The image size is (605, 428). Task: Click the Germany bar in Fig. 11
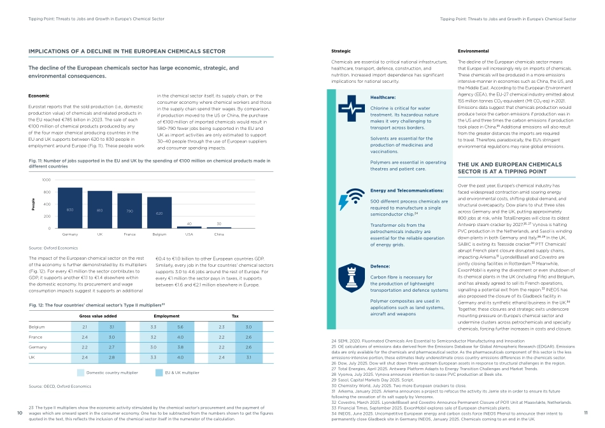point(70,208)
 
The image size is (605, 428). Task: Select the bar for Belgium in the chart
point(159,213)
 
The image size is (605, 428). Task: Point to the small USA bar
point(189,227)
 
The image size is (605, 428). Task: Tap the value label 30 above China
point(219,224)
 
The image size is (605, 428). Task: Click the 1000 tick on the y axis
point(46,181)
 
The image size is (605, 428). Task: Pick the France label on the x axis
point(130,235)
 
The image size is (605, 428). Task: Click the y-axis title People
point(33,204)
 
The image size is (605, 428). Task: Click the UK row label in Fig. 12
point(32,357)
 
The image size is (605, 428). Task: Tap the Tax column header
point(235,316)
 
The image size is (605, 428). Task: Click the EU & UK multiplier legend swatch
point(159,372)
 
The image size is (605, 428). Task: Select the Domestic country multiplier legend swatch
point(81,372)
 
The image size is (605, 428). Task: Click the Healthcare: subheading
point(383,97)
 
